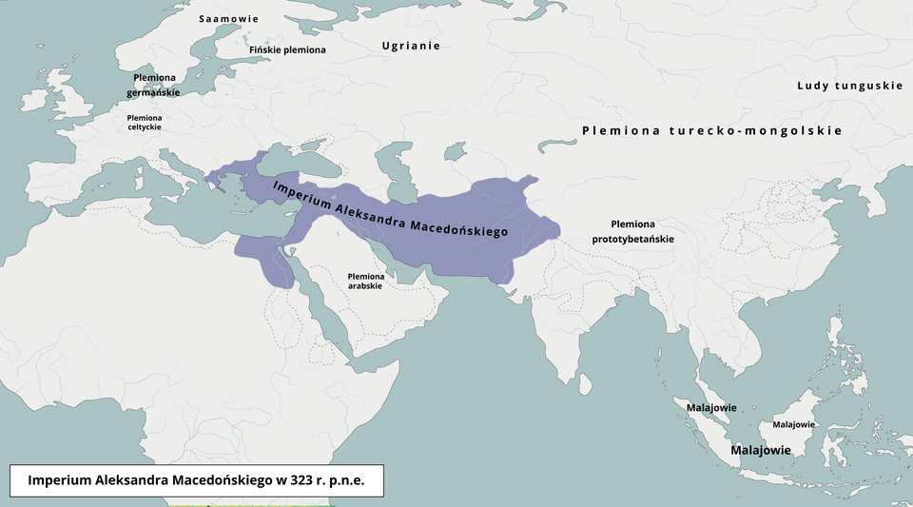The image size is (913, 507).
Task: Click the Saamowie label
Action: tap(228, 19)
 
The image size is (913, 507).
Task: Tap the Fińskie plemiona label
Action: tap(286, 49)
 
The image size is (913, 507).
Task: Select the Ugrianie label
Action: tap(411, 46)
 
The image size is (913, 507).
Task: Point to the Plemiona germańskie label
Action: tap(154, 85)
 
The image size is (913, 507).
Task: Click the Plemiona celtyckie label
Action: tap(145, 122)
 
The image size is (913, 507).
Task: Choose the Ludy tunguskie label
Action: tap(849, 86)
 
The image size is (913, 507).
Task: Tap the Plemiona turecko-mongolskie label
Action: tap(711, 130)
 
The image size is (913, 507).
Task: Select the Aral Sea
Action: tap(456, 151)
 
